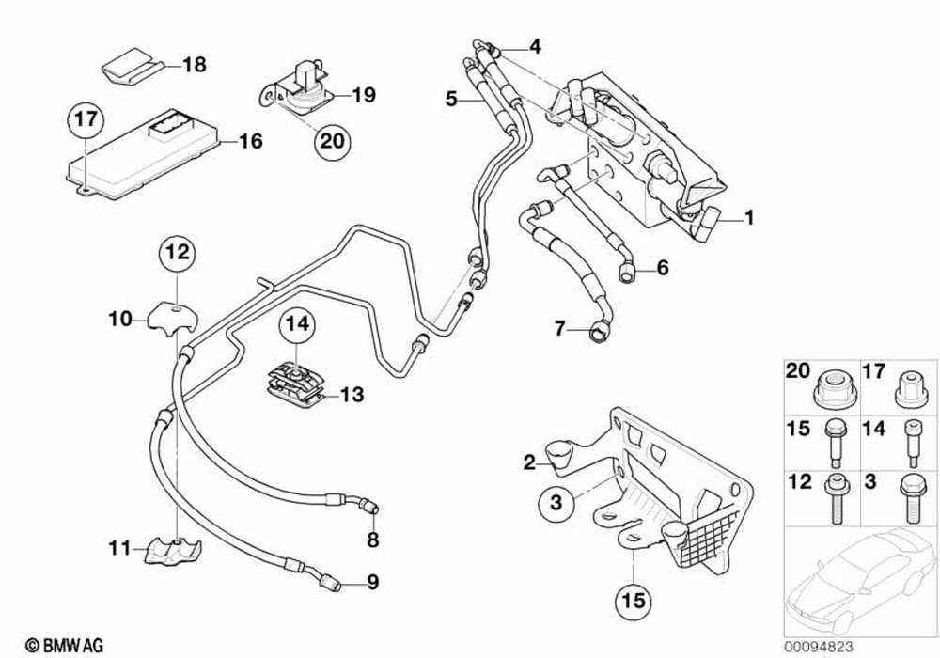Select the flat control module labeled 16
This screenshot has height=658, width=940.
pyautogui.click(x=142, y=154)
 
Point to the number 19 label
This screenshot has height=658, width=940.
pyautogui.click(x=363, y=95)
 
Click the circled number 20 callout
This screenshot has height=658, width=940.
pyautogui.click(x=333, y=141)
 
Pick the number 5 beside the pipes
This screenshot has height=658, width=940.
pyautogui.click(x=451, y=99)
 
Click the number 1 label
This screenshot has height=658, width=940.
pyautogui.click(x=749, y=217)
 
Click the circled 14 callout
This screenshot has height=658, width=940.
pyautogui.click(x=298, y=323)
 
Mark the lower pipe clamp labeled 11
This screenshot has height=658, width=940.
pyautogui.click(x=173, y=550)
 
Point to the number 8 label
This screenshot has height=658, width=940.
pyautogui.click(x=373, y=540)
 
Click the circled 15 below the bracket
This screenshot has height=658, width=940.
pyautogui.click(x=634, y=600)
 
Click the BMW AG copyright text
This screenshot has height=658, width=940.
pyautogui.click(x=65, y=646)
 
